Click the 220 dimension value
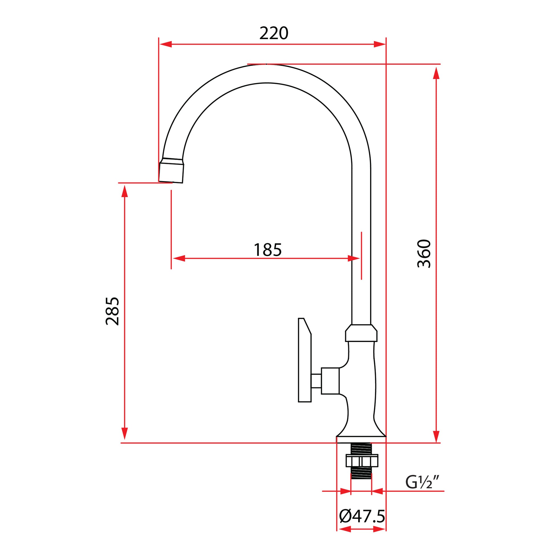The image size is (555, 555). click(274, 33)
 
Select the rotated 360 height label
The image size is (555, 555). click(424, 254)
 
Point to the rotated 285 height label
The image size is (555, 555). click(112, 311)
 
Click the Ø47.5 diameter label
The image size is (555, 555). click(362, 516)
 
